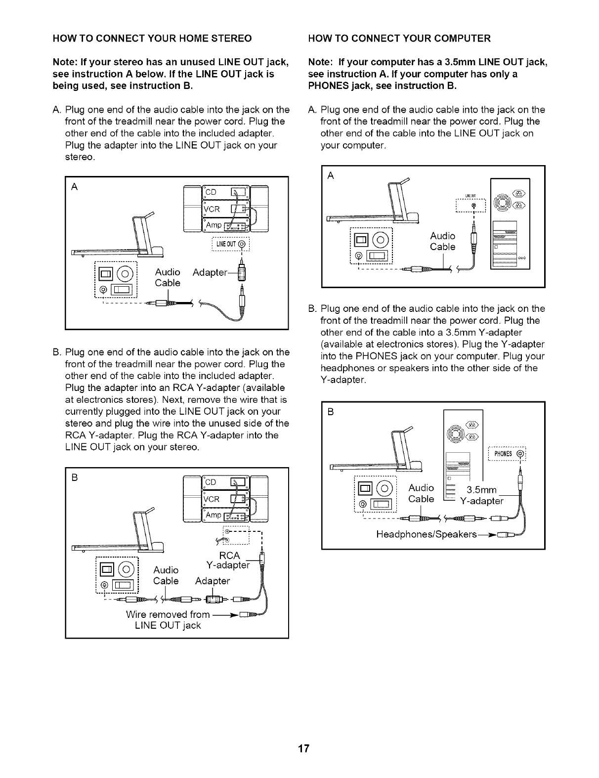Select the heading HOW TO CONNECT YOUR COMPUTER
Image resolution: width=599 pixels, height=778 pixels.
[399, 39]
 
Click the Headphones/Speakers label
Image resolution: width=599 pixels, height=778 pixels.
[427, 535]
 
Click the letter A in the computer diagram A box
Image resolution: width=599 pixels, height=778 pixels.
[331, 176]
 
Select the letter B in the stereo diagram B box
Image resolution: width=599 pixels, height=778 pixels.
[75, 478]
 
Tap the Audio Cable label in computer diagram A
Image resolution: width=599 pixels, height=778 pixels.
[442, 241]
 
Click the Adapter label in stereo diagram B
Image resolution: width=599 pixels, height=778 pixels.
[213, 580]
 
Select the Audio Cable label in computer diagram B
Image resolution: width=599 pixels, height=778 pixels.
[421, 494]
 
